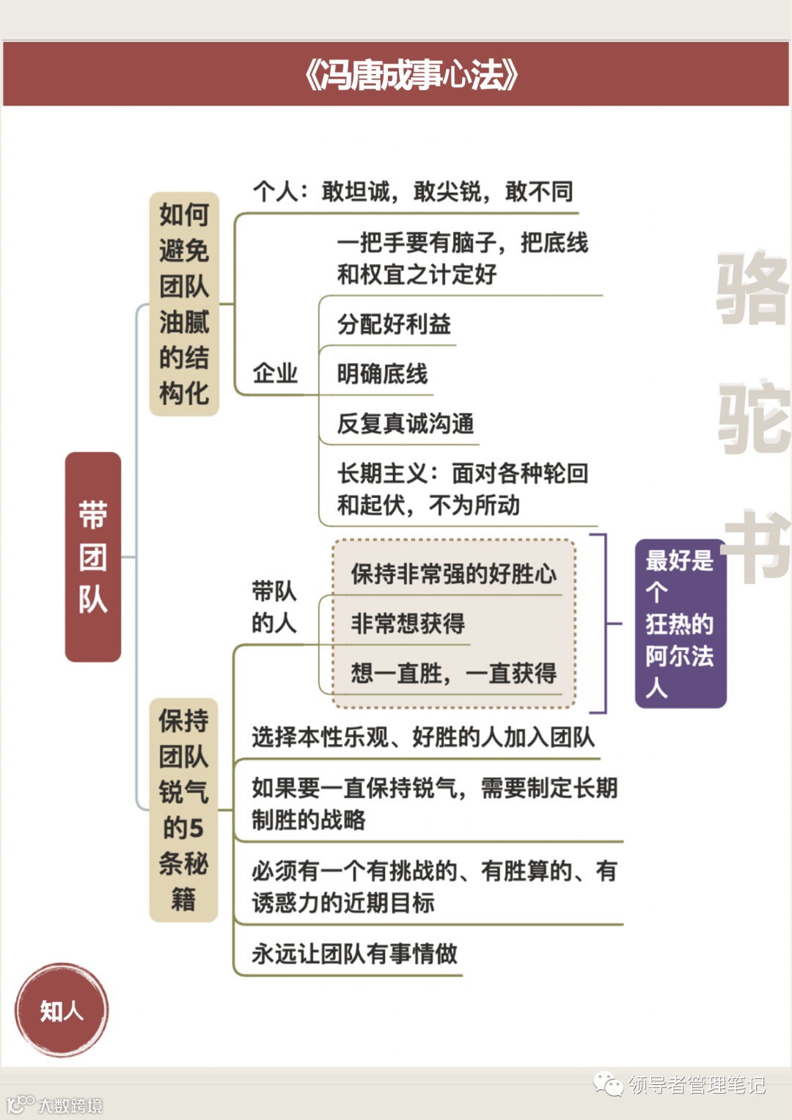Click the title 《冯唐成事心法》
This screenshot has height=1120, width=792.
(x=411, y=75)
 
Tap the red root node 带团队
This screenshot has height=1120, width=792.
(x=93, y=557)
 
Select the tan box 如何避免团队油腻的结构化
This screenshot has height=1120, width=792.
(x=184, y=304)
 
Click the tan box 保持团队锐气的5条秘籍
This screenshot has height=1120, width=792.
(x=183, y=810)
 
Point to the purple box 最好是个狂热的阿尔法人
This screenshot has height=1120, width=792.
(x=680, y=624)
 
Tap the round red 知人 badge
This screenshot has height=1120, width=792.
(x=62, y=1011)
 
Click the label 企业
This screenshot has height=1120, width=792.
(x=275, y=373)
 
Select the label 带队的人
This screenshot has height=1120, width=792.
(x=274, y=607)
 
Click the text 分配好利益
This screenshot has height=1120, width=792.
(x=394, y=324)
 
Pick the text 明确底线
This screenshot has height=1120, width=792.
(x=382, y=374)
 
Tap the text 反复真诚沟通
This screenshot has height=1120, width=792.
(x=406, y=424)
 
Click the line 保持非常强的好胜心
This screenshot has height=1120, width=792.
(x=453, y=574)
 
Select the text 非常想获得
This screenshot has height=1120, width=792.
(x=408, y=623)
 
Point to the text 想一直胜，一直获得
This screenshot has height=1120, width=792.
(x=453, y=673)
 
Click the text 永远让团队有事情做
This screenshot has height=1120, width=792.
(x=354, y=954)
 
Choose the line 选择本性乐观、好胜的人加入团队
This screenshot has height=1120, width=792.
(x=423, y=737)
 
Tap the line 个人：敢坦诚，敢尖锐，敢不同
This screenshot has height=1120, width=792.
(x=413, y=192)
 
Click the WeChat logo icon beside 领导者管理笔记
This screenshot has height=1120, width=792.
(x=608, y=1083)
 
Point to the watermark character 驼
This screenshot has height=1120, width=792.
(x=753, y=416)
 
